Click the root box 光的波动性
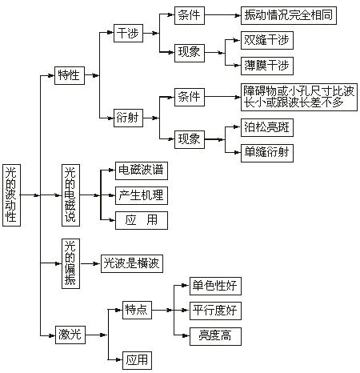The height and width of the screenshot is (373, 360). coord(11,195)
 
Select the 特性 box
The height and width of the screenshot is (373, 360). coord(70,75)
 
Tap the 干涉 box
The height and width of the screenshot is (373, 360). coord(128,33)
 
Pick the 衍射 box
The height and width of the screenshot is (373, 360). coord(128,118)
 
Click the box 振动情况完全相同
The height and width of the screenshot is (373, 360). coord(289,16)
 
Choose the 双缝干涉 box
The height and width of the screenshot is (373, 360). coord(267,40)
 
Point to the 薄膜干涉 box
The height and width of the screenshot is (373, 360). coord(267,66)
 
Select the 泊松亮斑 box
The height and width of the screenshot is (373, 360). coord(267,127)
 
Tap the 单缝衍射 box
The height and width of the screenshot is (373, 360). coord(267,153)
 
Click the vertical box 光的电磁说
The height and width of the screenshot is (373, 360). coord(70,195)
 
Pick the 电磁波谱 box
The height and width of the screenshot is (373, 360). coord(142,170)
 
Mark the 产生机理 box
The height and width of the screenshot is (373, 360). coord(142,195)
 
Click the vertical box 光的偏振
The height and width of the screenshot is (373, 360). coord(70,263)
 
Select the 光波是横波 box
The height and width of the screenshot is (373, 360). coord(132,263)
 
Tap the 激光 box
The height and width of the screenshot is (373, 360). coord(70,335)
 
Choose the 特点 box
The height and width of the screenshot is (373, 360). coord(137,310)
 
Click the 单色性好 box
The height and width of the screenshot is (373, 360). coord(215,286)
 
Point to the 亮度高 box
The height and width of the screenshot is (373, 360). coord(215,336)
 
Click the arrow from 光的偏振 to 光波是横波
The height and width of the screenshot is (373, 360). coord(90,263)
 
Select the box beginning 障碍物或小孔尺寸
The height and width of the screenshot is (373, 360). coord(299,97)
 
